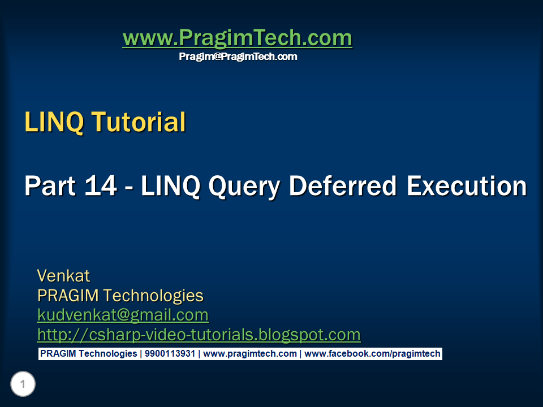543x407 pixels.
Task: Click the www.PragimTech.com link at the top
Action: (237, 38)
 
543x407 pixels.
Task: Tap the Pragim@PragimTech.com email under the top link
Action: (238, 57)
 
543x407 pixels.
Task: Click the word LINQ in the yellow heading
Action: (54, 122)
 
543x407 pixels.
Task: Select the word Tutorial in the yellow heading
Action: (139, 122)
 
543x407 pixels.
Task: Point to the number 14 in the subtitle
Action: (101, 185)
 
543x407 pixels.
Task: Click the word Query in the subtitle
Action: (244, 187)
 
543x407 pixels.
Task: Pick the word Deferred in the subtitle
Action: (343, 185)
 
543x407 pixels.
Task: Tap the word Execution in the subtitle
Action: (467, 185)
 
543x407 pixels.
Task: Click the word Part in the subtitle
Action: (50, 185)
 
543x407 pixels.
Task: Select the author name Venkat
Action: (63, 276)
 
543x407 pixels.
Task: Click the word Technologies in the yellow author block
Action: (153, 296)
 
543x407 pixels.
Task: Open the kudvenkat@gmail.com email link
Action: (123, 315)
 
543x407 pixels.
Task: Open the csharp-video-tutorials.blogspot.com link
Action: (199, 335)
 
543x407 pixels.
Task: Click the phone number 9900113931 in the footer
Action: (170, 354)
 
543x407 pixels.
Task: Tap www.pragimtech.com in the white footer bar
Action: (250, 354)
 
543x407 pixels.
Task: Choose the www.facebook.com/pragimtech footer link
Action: (372, 354)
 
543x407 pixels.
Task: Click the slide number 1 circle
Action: (23, 384)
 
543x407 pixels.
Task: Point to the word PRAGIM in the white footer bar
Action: (57, 354)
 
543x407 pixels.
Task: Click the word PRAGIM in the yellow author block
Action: (68, 296)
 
